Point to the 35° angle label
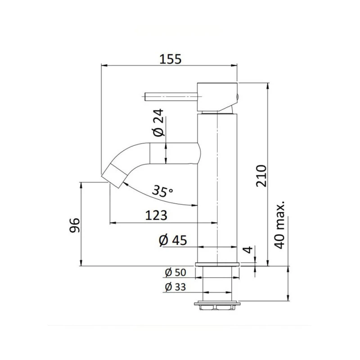[x=162, y=191]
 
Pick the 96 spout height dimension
[x=75, y=225]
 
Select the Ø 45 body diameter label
[x=173, y=240]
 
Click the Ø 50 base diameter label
[x=175, y=272]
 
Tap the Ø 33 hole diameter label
[x=175, y=287]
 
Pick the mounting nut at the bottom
[x=217, y=305]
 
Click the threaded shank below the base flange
[x=217, y=283]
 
